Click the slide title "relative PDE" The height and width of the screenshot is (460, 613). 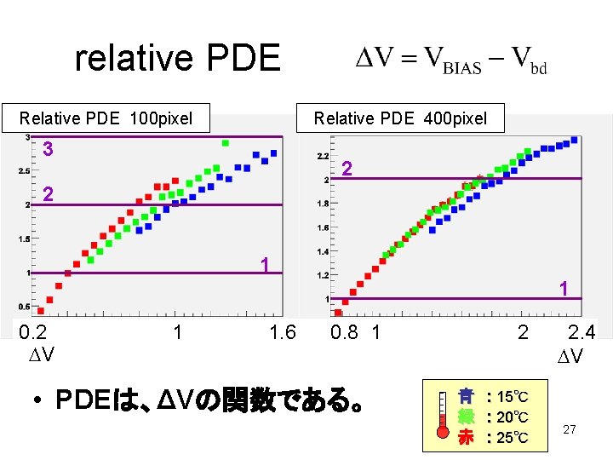pos(177,59)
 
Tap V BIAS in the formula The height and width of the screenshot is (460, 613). pos(454,60)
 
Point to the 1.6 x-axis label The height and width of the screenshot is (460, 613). pos(282,332)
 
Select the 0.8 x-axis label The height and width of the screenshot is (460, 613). pos(345,332)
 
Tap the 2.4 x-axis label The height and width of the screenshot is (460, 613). pos(582,332)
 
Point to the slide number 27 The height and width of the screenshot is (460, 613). pos(570,430)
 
